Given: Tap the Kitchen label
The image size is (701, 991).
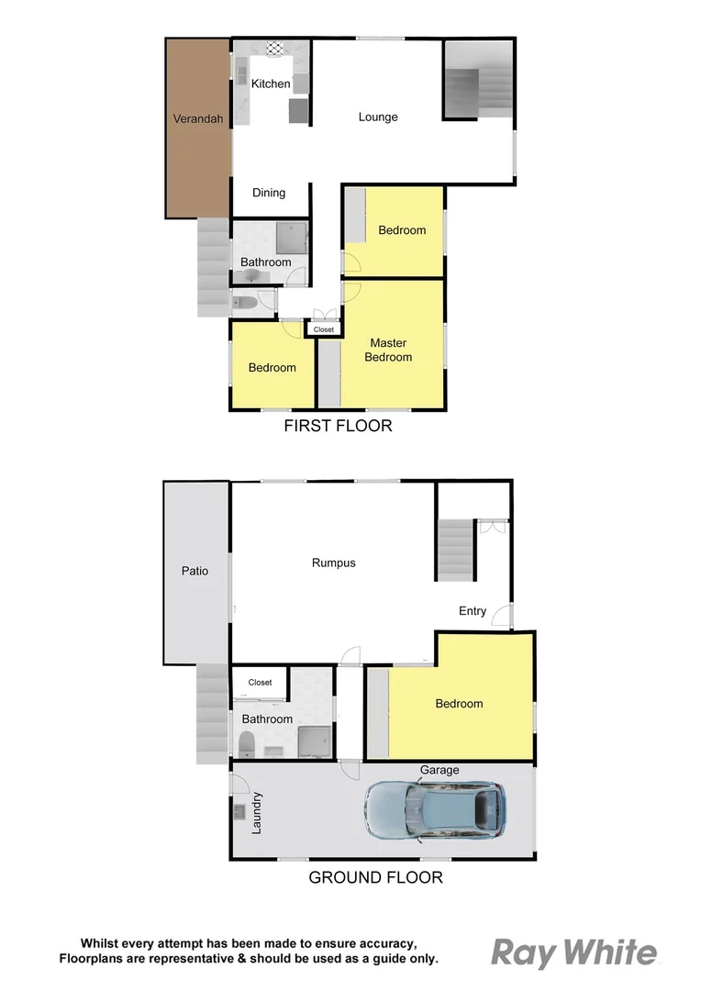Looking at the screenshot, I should click(x=271, y=84).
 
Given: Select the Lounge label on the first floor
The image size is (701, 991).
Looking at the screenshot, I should click(x=378, y=117).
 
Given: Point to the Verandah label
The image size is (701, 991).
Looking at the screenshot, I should click(x=198, y=118).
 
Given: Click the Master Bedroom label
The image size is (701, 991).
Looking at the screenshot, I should click(x=388, y=351).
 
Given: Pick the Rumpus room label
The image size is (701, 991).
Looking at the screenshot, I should click(x=333, y=562).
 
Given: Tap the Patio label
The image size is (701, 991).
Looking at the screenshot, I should click(x=195, y=571).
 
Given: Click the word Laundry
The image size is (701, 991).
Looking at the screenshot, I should click(x=257, y=812).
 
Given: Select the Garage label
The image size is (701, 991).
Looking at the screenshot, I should click(x=440, y=770).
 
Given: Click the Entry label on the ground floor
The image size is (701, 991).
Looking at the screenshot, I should click(x=473, y=611).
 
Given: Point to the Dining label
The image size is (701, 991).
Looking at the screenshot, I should click(x=269, y=193).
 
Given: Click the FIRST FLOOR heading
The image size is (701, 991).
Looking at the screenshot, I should click(x=338, y=426).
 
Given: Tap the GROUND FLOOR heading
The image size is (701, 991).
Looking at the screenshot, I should click(x=375, y=877).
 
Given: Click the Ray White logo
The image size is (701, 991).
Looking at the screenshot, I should click(x=574, y=953).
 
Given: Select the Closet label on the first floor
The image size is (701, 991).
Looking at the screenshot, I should click(x=324, y=329).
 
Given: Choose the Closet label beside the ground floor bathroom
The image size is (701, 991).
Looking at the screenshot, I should click(x=260, y=683).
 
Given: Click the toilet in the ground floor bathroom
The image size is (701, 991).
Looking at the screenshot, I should click(x=246, y=742).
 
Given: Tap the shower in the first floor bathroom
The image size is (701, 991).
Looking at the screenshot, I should click(x=290, y=238).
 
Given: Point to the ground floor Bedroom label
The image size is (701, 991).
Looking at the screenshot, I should click(x=459, y=704).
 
